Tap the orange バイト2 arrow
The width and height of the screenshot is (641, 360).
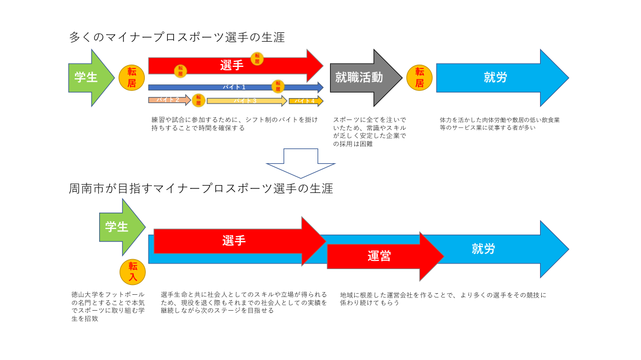(x=168, y=100)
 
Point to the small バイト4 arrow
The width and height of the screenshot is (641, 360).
(x=305, y=101)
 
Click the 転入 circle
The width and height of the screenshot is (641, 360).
(x=133, y=272)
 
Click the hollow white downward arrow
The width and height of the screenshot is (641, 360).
(x=300, y=162)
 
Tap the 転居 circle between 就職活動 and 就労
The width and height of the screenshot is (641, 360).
(x=419, y=77)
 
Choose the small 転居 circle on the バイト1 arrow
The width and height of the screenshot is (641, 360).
(x=279, y=85)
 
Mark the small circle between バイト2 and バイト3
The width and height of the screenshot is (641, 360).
(x=198, y=100)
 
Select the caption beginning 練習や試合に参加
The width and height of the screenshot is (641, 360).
(x=234, y=123)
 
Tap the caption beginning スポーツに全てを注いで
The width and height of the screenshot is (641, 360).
(x=370, y=132)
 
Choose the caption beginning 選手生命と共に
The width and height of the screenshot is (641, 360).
(x=243, y=302)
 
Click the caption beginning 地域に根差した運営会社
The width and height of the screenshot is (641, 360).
(x=443, y=299)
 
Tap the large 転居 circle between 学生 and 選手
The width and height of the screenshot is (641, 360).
(x=132, y=78)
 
